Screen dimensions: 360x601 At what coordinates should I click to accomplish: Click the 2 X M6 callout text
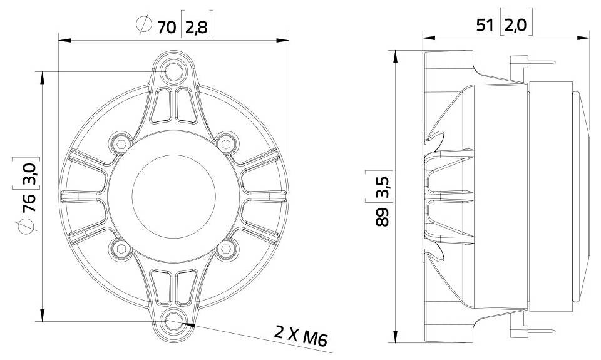point(301,335)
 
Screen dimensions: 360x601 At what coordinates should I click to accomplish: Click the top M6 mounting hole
point(173,71)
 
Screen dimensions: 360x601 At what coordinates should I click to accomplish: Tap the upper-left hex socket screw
point(120,144)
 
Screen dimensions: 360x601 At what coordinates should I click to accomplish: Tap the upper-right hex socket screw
point(226,144)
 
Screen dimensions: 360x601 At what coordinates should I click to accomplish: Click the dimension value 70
point(166,26)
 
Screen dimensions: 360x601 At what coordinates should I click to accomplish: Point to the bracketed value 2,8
point(198,26)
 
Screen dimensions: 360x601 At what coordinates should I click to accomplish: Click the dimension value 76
point(28,206)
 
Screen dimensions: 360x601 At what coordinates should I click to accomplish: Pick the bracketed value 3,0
point(28,173)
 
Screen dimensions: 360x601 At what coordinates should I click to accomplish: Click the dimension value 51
point(486,26)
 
